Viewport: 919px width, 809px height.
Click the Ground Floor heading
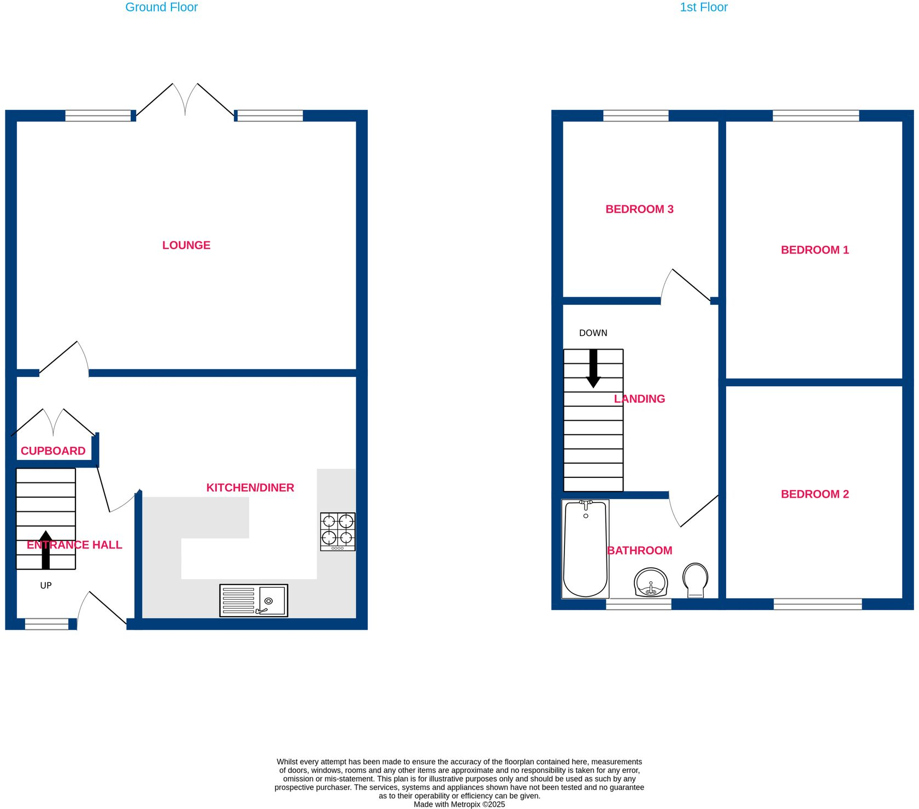coord(161,8)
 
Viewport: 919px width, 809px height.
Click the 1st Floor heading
coord(703,8)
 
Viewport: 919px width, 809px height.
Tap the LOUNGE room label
coord(186,245)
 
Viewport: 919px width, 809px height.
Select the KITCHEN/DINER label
coord(250,488)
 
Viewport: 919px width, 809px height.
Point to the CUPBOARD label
coord(53,451)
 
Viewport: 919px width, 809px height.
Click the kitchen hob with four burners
coord(337,532)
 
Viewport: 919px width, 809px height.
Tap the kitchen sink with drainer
coord(254,601)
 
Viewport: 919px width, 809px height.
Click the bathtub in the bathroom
coord(585,549)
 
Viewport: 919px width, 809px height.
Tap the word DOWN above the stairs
coord(593,333)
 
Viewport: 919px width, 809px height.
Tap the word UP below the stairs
coord(46,586)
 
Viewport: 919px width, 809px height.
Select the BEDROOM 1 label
coord(814,250)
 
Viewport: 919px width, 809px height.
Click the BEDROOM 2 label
coord(814,494)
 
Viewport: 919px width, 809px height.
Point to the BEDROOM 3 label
coord(639,209)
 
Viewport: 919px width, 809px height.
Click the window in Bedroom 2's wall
coord(817,604)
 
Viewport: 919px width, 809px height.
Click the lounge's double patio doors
coord(185,102)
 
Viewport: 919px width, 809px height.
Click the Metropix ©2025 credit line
coord(459,804)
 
